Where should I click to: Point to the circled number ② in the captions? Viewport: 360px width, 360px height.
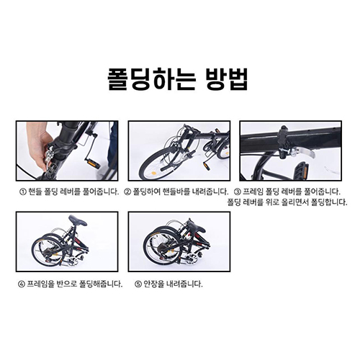tap(127, 192)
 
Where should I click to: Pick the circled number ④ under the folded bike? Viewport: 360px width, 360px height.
tap(21, 283)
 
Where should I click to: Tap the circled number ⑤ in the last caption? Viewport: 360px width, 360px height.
tap(132, 283)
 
